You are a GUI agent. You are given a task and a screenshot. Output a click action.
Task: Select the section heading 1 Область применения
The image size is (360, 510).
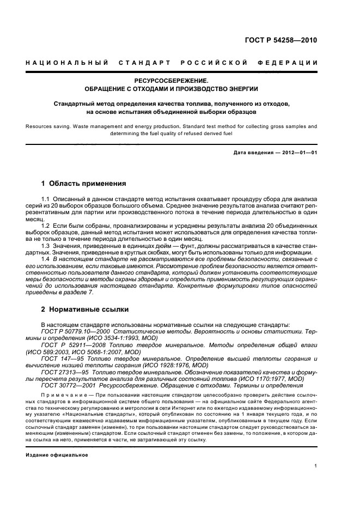(x=84, y=183)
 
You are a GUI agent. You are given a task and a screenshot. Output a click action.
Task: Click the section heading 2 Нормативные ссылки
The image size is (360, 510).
(x=85, y=309)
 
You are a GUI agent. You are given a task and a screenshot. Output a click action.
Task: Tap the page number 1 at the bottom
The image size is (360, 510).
(x=315, y=466)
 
